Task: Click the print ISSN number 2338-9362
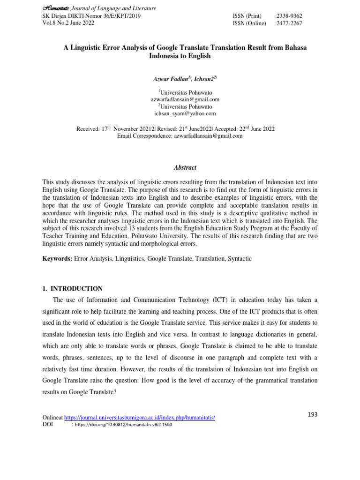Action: pyautogui.click(x=289, y=16)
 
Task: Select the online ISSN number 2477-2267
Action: pyautogui.click(x=289, y=23)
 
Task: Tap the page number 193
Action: pyautogui.click(x=313, y=414)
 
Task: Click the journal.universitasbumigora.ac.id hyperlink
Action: pyautogui.click(x=139, y=417)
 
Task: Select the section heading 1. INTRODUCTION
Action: pyautogui.click(x=73, y=289)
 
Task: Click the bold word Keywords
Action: pyautogui.click(x=57, y=259)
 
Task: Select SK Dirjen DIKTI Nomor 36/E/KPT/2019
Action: pyautogui.click(x=91, y=16)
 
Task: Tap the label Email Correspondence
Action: pyautogui.click(x=143, y=136)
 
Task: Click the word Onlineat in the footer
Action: pyautogui.click(x=52, y=417)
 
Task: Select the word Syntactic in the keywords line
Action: pyautogui.click(x=240, y=259)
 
